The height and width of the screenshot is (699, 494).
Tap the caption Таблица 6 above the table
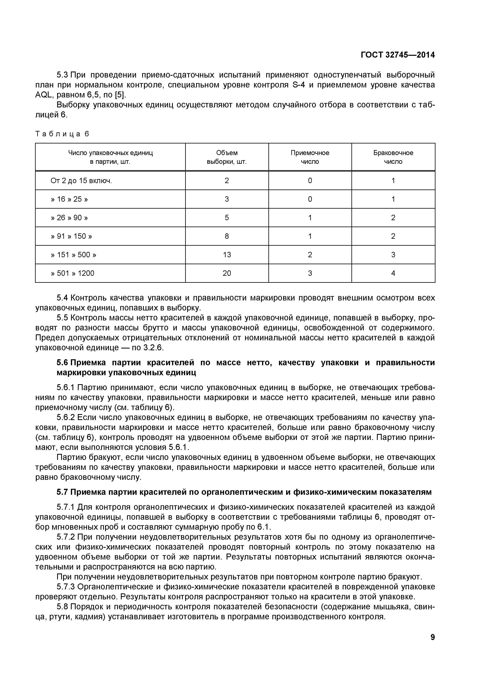pos(62,134)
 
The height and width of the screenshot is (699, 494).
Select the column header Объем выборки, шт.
pos(227,157)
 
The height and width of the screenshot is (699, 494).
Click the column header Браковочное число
pos(393,157)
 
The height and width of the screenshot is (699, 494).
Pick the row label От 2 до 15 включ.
pos(81,181)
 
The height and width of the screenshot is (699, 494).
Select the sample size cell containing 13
pos(227,255)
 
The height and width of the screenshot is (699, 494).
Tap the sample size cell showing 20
pos(227,273)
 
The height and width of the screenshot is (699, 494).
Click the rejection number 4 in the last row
pos(393,273)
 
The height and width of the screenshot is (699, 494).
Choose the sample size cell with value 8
pos(227,236)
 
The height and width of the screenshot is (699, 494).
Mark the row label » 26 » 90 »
pos(69,218)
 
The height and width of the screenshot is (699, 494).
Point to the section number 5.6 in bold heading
pos(63,363)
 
